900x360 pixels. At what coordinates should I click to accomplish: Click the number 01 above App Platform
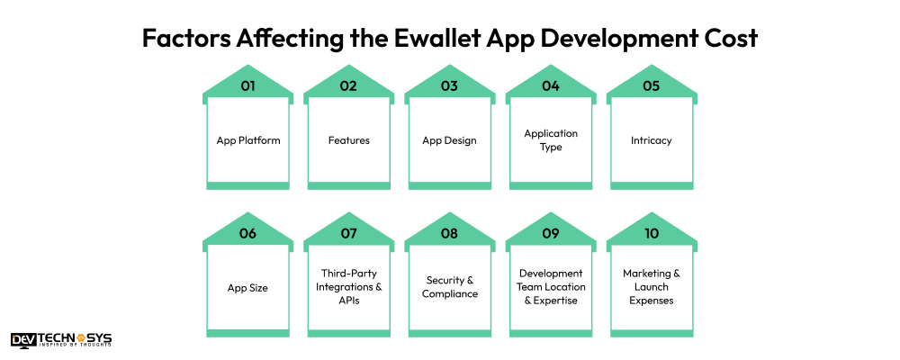click(x=247, y=86)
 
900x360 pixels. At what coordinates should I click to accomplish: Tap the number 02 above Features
click(x=348, y=86)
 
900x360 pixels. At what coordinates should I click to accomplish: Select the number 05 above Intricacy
click(x=651, y=86)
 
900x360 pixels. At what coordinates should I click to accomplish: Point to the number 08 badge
click(x=449, y=233)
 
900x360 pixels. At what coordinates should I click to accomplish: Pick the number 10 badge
click(x=651, y=233)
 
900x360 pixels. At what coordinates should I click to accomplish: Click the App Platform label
click(x=247, y=140)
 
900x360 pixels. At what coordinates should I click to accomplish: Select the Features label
click(x=348, y=140)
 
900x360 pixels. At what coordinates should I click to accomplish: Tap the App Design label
click(x=449, y=140)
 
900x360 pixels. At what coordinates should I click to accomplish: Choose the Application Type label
click(x=551, y=140)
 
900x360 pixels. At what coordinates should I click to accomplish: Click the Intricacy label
click(x=651, y=140)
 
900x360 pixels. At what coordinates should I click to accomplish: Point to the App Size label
click(x=247, y=287)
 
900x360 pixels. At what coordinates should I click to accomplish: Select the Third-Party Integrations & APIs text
click(x=348, y=287)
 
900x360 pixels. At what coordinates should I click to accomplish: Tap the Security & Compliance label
click(x=449, y=287)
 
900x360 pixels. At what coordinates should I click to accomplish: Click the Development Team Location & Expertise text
click(x=551, y=287)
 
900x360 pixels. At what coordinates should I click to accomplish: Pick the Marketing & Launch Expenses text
click(x=651, y=287)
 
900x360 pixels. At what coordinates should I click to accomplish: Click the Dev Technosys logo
click(x=61, y=340)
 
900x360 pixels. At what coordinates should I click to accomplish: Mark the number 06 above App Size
click(x=247, y=233)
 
